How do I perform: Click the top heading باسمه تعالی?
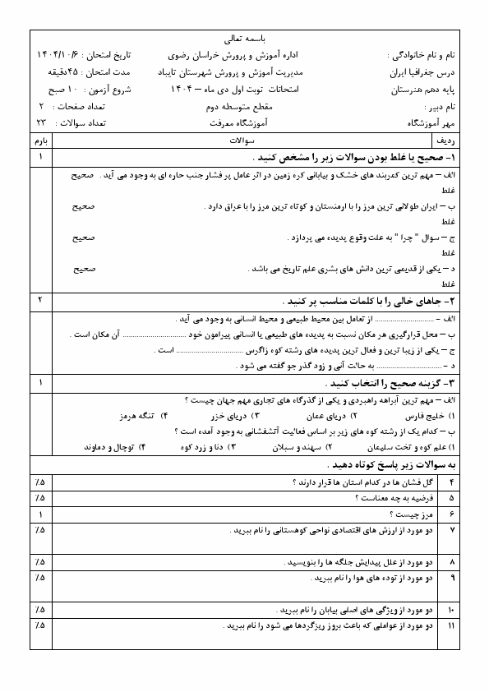click(243, 38)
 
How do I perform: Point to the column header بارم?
click(40, 141)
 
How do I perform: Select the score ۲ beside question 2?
click(40, 299)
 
